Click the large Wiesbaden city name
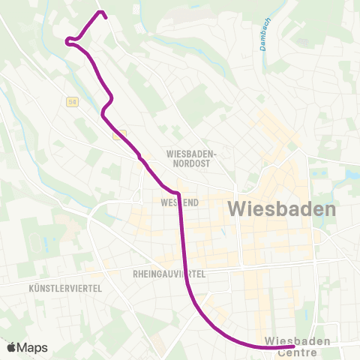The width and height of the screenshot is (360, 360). [281, 209]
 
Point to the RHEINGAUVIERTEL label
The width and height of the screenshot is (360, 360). [169, 274]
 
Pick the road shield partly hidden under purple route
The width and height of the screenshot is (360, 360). [120, 135]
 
